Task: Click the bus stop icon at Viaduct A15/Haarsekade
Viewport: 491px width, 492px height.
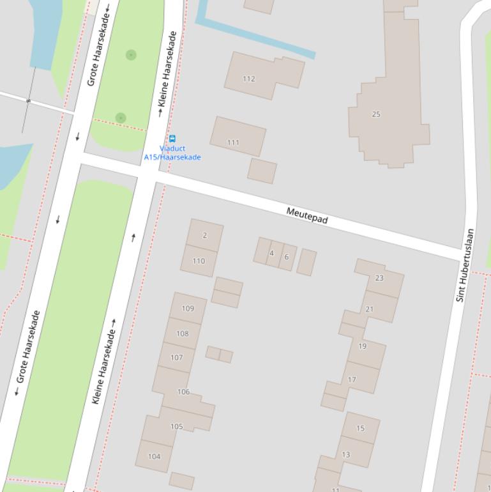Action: (x=172, y=139)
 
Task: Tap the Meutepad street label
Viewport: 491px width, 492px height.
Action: (x=307, y=216)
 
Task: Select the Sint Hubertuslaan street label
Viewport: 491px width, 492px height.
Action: (x=465, y=265)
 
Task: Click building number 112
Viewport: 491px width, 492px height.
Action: (x=249, y=79)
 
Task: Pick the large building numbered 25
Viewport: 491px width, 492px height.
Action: (x=376, y=114)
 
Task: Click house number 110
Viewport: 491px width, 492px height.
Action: (x=199, y=261)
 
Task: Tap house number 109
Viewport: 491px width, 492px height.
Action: (x=188, y=308)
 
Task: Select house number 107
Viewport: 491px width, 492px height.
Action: (x=177, y=357)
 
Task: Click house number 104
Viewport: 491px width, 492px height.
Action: (x=154, y=456)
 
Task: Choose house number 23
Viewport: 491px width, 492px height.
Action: (x=379, y=277)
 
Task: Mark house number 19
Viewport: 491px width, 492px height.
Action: (x=363, y=346)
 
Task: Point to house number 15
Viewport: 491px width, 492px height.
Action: (x=360, y=428)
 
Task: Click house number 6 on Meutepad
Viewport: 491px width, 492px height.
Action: (x=287, y=257)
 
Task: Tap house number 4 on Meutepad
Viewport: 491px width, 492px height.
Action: (x=271, y=253)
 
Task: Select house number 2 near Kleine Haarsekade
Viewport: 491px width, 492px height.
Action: (x=205, y=235)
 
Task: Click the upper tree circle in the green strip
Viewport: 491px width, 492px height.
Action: (x=131, y=55)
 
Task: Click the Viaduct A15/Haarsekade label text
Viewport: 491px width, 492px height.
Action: (x=172, y=153)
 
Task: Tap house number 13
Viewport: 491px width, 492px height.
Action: (x=345, y=455)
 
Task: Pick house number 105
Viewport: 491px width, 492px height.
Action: (x=176, y=426)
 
